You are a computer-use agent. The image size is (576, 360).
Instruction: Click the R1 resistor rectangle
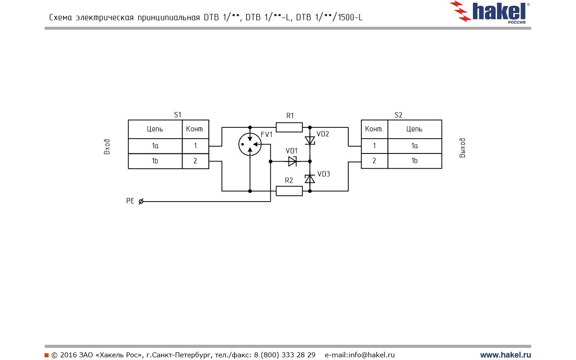289,127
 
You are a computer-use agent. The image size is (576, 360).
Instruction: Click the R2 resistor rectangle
289,191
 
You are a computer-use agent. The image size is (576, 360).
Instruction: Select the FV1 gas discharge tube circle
250,144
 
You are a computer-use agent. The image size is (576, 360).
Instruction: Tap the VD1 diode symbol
292,161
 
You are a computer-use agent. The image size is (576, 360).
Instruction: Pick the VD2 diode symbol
310,140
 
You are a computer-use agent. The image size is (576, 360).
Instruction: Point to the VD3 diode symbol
310,179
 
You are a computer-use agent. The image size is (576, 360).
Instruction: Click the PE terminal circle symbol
141,202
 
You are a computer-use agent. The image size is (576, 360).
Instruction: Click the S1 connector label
178,115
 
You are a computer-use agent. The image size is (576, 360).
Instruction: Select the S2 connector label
398,115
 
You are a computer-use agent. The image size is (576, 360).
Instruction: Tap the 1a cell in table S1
155,146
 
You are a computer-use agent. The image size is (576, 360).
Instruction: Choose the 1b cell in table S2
414,161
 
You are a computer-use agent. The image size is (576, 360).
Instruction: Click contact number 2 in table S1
195,161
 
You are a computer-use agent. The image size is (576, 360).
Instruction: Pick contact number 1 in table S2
374,146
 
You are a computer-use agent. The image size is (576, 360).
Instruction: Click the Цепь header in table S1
155,129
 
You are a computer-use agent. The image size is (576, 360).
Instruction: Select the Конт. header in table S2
374,129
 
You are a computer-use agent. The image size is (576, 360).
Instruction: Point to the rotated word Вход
107,147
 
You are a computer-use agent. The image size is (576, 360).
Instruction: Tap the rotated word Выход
463,148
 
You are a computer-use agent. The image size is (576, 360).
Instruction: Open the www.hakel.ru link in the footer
505,355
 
